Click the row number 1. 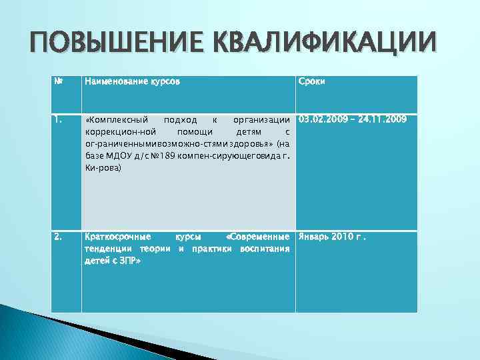58,120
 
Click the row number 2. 58,237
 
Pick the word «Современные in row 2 257,237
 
